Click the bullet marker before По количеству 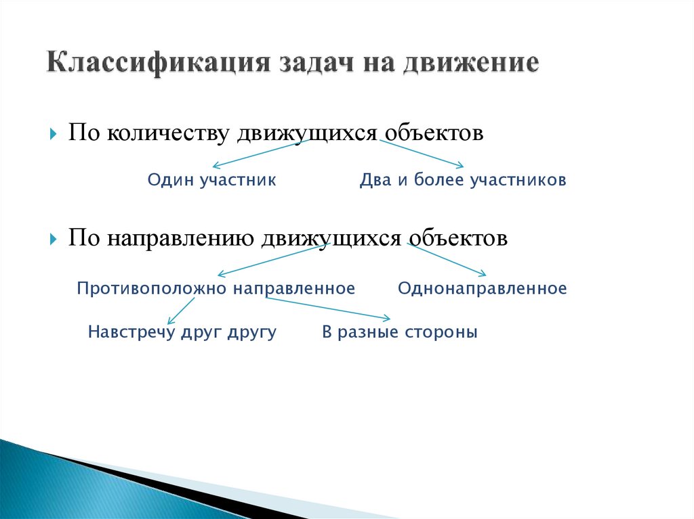tap(53, 133)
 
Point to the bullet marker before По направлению tap(53, 240)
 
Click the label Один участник tap(211, 181)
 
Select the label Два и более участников tap(463, 181)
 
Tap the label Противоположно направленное tap(216, 289)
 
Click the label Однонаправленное tap(482, 289)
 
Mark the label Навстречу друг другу tap(182, 333)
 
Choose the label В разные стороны tap(399, 333)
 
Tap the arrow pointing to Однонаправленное tap(447, 260)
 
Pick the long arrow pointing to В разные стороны tap(328, 308)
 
